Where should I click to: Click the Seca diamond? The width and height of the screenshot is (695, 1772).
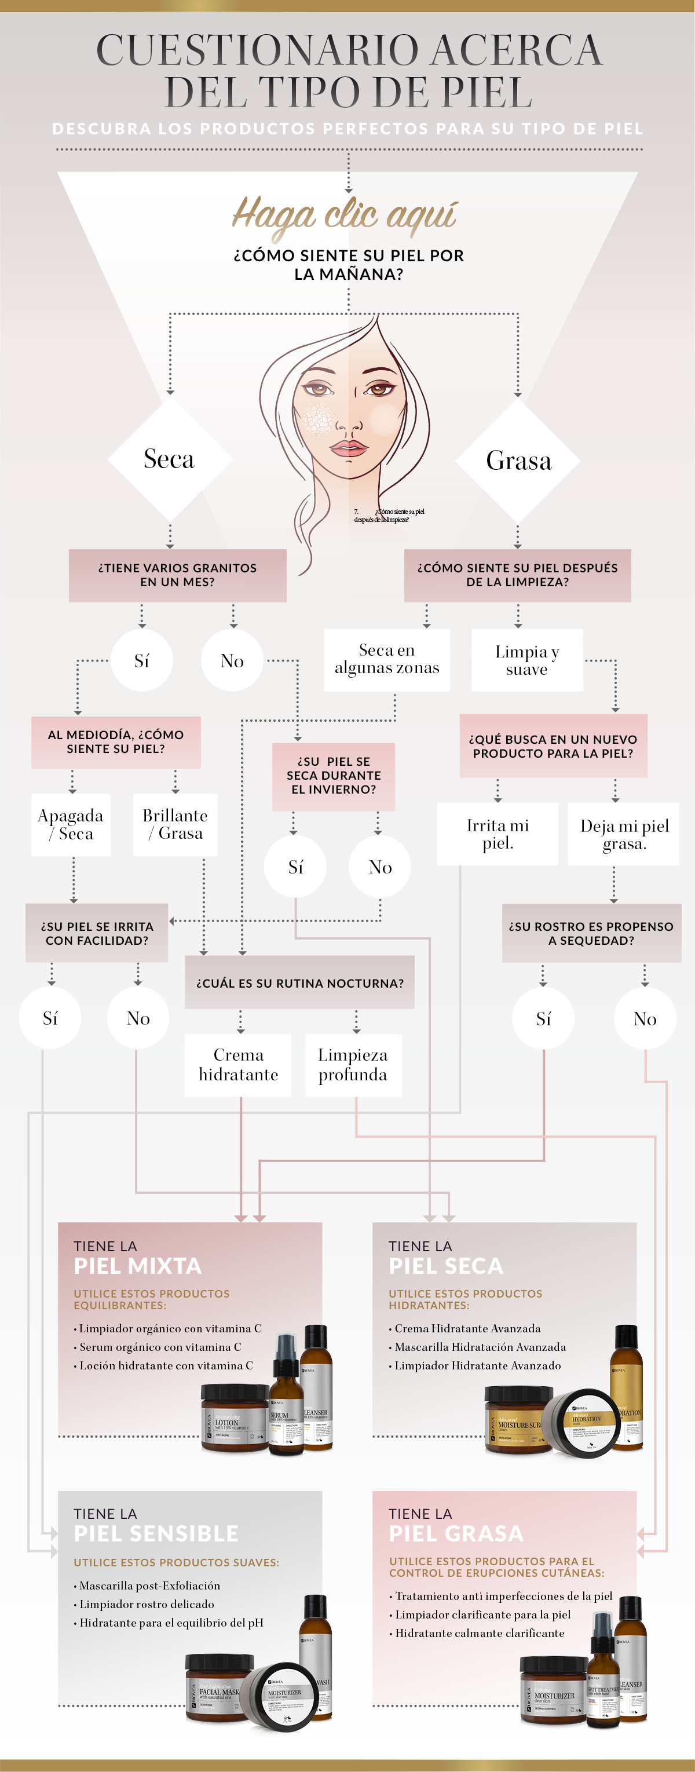[169, 459]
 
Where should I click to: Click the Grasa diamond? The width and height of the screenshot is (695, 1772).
[518, 460]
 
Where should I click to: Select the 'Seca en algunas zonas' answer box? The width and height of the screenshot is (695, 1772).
[386, 659]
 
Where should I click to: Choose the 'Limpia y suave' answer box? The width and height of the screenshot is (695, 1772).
[526, 660]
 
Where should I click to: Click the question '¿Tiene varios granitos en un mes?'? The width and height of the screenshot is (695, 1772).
[177, 575]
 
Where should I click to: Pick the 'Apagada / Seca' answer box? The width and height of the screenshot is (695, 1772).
[71, 824]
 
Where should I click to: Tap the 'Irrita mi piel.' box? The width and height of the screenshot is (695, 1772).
[497, 834]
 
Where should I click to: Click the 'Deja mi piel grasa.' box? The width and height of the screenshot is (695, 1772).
[624, 834]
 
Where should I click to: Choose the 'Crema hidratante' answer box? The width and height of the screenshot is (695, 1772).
[238, 1064]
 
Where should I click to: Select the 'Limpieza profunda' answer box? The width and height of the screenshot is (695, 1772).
[353, 1064]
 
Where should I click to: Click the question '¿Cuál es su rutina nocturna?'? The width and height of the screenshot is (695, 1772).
[300, 983]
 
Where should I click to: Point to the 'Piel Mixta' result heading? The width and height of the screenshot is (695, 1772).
[137, 1266]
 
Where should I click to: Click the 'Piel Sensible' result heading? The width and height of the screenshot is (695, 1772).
[156, 1533]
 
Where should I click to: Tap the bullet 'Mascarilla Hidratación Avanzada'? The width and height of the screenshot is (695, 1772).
[480, 1347]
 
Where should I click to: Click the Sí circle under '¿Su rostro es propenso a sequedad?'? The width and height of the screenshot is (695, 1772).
[543, 1018]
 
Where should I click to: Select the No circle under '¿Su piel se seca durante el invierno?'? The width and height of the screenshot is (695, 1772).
[380, 867]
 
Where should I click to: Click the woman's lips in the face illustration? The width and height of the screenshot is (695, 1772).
[349, 448]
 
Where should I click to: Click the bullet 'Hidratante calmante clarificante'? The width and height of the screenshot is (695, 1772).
[479, 1633]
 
